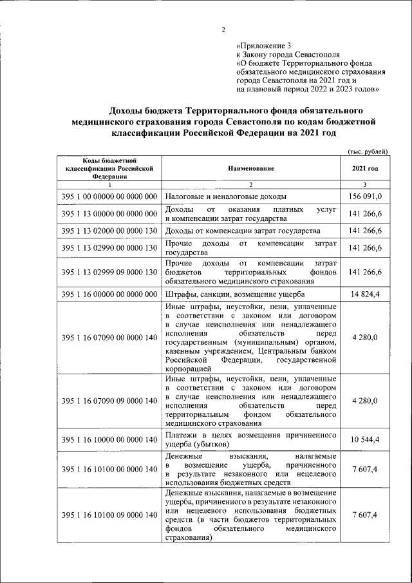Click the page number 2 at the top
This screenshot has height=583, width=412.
click(x=223, y=30)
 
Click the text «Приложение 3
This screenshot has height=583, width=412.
click(x=264, y=46)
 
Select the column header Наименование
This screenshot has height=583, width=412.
click(x=250, y=168)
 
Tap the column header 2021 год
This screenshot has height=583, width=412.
click(x=365, y=168)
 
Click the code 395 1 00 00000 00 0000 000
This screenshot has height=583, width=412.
click(x=109, y=196)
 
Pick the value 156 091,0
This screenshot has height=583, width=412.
click(x=366, y=196)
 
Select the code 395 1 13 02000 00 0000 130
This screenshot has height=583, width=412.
click(x=109, y=231)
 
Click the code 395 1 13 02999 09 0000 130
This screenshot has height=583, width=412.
click(x=109, y=272)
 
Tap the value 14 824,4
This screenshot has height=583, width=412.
click(x=366, y=294)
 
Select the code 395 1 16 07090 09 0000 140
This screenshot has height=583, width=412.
click(x=109, y=401)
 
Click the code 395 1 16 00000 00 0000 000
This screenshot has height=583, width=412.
click(x=109, y=294)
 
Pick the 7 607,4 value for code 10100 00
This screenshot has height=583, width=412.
click(x=366, y=469)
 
